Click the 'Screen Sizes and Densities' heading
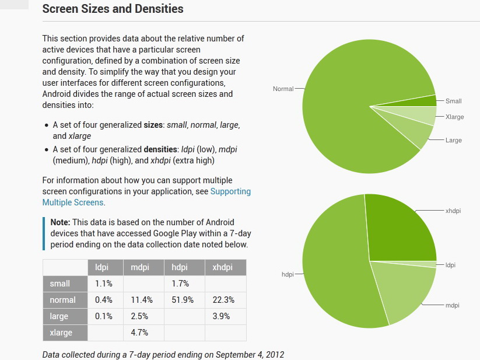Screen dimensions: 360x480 coord(113,9)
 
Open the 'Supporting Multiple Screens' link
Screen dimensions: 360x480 coord(146,197)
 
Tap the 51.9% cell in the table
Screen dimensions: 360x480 coord(180,300)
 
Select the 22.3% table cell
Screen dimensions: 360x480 coord(224,300)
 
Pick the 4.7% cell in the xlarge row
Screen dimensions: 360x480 coord(141,333)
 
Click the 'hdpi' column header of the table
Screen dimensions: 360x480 coord(179,267)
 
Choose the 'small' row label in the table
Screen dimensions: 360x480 coord(60,284)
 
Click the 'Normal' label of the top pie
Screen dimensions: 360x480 coord(283,89)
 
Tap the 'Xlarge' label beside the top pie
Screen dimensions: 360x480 coord(454,117)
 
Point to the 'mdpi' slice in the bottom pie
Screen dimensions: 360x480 coord(402,292)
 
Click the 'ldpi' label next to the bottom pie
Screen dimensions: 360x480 coord(450,265)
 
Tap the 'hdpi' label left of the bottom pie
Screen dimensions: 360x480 coord(287,274)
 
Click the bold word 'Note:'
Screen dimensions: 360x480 coord(60,222)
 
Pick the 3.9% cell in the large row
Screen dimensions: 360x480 coord(221,316)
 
